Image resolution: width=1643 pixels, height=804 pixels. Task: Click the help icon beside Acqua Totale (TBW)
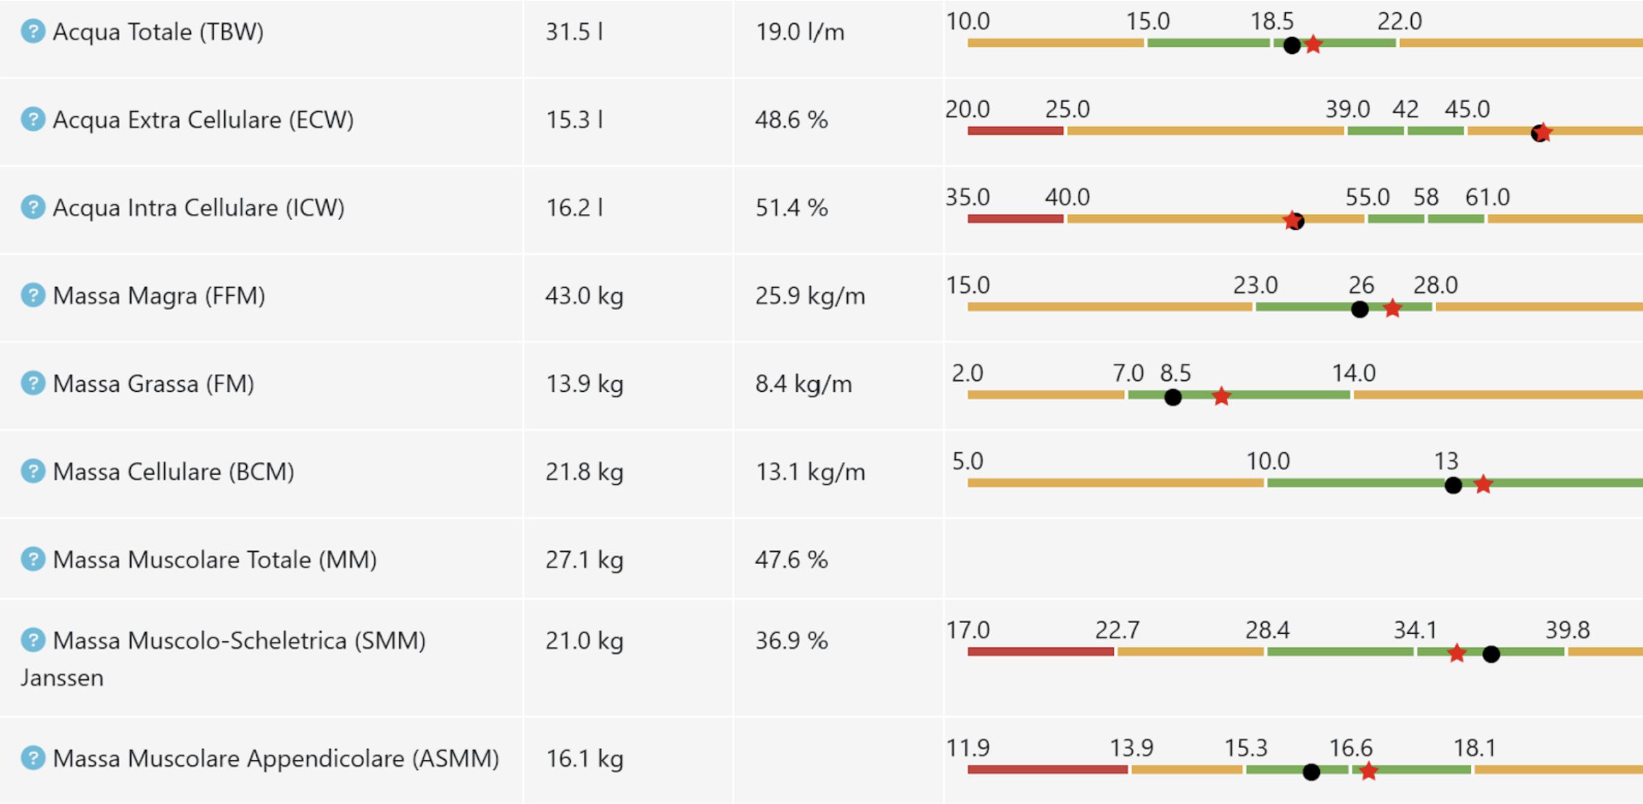tap(33, 31)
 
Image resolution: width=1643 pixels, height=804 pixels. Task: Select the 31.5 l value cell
tap(574, 32)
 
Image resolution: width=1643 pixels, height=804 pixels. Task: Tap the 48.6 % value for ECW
tap(791, 120)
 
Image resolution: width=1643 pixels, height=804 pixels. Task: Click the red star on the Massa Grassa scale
tap(1221, 396)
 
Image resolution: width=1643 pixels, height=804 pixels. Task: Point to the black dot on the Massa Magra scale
tap(1359, 309)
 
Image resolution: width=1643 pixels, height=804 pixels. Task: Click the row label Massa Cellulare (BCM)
tap(173, 471)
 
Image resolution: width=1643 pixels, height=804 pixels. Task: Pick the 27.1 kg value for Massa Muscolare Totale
tap(584, 559)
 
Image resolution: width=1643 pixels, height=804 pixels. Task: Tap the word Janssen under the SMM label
tap(62, 678)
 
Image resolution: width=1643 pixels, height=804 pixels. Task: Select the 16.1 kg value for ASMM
tap(584, 758)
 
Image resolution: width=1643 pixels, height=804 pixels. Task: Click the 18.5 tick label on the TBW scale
tap(1271, 22)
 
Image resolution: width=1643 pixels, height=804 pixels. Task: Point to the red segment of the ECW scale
tap(1015, 131)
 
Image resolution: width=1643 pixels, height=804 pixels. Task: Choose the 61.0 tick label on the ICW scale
tap(1488, 198)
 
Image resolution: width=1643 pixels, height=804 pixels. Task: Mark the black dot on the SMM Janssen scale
tap(1491, 654)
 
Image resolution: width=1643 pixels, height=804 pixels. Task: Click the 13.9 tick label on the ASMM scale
tap(1132, 748)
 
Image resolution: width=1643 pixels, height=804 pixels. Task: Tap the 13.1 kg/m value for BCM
tap(810, 471)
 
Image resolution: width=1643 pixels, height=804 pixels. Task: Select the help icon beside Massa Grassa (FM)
tap(33, 383)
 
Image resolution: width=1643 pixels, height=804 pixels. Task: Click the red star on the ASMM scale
tap(1368, 771)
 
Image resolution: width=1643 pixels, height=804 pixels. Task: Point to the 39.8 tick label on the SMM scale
tap(1567, 630)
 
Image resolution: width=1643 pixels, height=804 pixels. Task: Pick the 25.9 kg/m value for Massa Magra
tap(810, 296)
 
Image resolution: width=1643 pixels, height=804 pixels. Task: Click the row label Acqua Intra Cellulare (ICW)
tap(198, 208)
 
